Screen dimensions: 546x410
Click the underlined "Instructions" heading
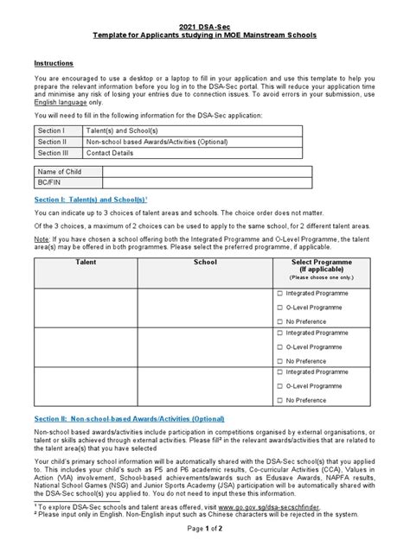click(x=53, y=64)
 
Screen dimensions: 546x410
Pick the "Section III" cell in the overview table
click(x=51, y=152)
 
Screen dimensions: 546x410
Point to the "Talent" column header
click(x=86, y=260)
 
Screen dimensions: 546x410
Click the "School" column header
click(x=205, y=260)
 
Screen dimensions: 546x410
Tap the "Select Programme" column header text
click(x=320, y=260)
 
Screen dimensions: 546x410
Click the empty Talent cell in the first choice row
click(x=86, y=312)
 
